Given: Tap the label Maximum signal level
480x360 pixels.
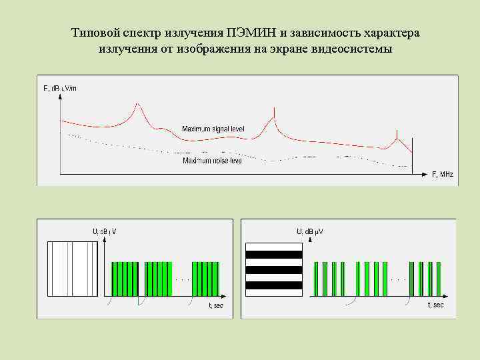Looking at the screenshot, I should [x=213, y=128].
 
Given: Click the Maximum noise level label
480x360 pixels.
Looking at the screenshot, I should [x=212, y=161].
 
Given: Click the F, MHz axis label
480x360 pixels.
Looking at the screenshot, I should [x=442, y=174].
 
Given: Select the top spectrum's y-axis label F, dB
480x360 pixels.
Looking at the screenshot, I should [x=59, y=88].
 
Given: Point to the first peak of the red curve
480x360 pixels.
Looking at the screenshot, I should [x=137, y=105].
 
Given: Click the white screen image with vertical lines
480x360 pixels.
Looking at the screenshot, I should [x=69, y=269].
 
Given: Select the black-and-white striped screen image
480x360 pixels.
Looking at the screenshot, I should [x=274, y=269].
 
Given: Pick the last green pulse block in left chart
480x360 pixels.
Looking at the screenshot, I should [x=205, y=279].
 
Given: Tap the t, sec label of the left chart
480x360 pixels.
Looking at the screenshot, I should [x=216, y=305].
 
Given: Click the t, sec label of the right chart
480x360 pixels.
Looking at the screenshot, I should [x=435, y=305].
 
